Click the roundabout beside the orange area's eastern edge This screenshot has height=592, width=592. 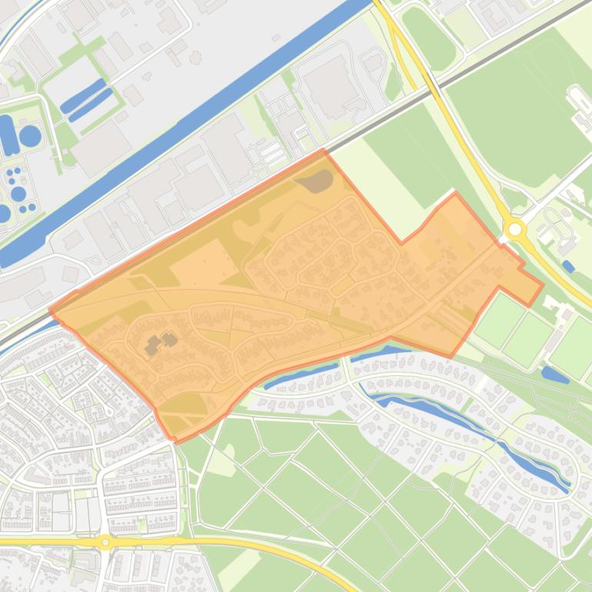click(514, 228)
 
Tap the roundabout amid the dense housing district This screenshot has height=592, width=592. click(106, 541)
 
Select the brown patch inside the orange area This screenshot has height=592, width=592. click(315, 181)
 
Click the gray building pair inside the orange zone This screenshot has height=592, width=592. click(159, 343)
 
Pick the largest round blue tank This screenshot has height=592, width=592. click(30, 136)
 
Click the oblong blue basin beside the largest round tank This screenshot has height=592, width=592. click(8, 135)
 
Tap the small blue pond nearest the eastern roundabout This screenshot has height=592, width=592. click(567, 266)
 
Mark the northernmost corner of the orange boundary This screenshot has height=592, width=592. click(324, 151)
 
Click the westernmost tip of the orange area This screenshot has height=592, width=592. click(51, 311)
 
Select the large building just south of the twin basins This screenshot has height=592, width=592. click(101, 147)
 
